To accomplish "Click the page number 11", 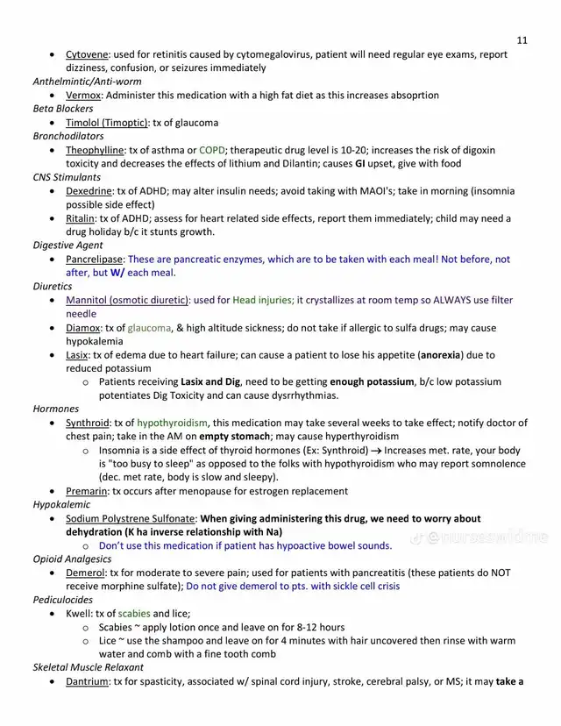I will coord(522,40).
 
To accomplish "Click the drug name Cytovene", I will coord(86,54).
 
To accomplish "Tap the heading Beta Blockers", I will coord(63,109).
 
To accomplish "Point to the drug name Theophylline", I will coord(96,150).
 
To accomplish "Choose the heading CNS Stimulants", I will coord(67,177).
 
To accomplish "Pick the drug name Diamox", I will coord(83,328).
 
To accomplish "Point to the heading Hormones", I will coord(56,409).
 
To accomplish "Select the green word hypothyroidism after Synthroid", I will coord(172,423).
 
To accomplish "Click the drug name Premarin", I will coord(86,491).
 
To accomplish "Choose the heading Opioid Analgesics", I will coord(73,559).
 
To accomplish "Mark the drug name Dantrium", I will coord(88,681).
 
